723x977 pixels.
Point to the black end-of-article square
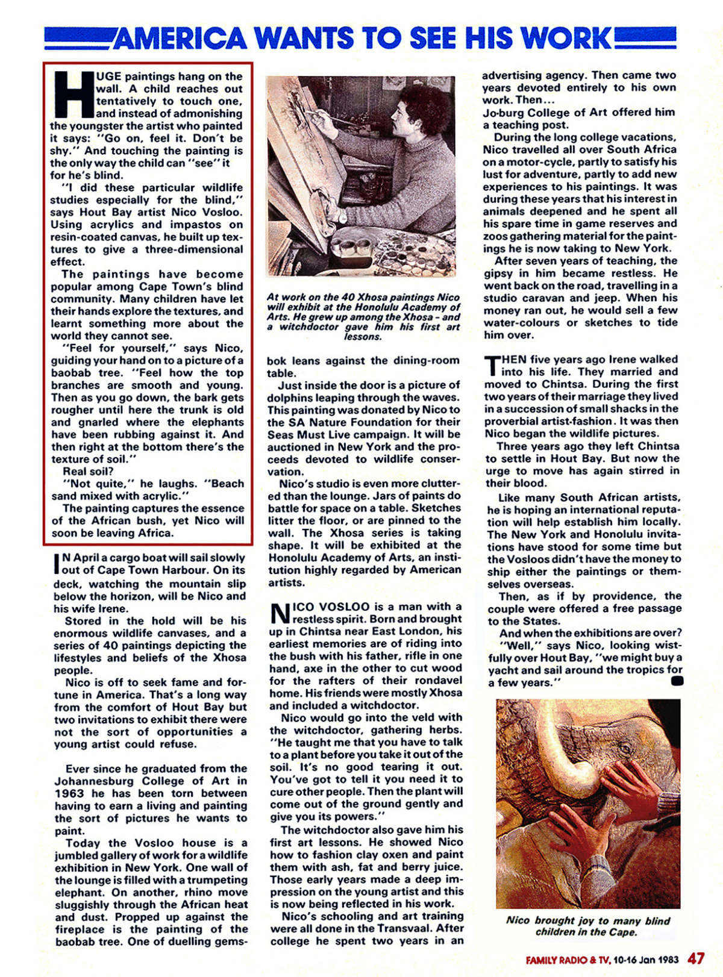[x=677, y=681]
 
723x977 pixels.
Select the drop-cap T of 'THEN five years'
[x=491, y=364]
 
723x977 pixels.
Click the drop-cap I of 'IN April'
[x=58, y=563]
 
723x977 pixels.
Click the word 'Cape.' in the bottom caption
[x=622, y=932]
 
